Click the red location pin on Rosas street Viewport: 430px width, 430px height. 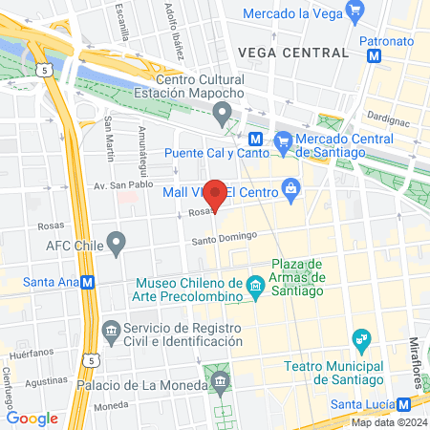click(x=216, y=194)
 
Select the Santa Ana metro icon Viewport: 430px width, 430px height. click(x=87, y=282)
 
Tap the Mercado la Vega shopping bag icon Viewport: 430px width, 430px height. click(x=356, y=13)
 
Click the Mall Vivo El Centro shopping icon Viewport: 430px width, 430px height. click(x=291, y=190)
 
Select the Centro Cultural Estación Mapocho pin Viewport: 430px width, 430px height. click(x=224, y=117)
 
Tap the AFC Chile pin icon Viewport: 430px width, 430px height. click(x=117, y=244)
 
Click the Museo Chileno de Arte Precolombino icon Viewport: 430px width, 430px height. click(x=255, y=286)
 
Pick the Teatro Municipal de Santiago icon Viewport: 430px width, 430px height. click(x=360, y=339)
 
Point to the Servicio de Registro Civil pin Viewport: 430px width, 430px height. click(x=111, y=331)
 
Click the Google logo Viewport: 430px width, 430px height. click(x=32, y=418)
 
